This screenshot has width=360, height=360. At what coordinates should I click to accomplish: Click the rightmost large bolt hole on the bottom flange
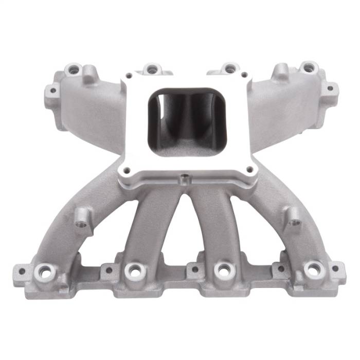[313, 269]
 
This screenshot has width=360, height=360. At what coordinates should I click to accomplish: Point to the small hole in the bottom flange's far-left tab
[21, 269]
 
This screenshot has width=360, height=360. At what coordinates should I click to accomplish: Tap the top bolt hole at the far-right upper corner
[308, 67]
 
